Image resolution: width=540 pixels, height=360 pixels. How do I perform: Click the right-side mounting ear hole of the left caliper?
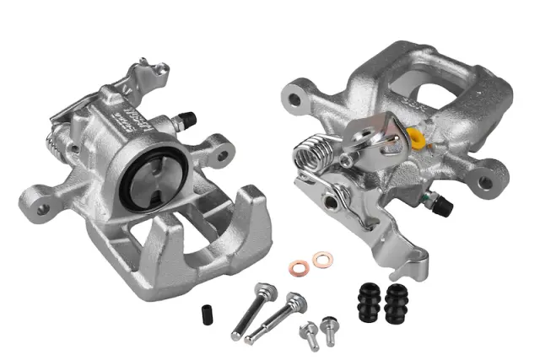point(224,155)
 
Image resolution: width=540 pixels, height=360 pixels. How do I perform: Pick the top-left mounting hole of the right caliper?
point(294,99)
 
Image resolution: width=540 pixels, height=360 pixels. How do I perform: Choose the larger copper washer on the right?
point(321,260)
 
